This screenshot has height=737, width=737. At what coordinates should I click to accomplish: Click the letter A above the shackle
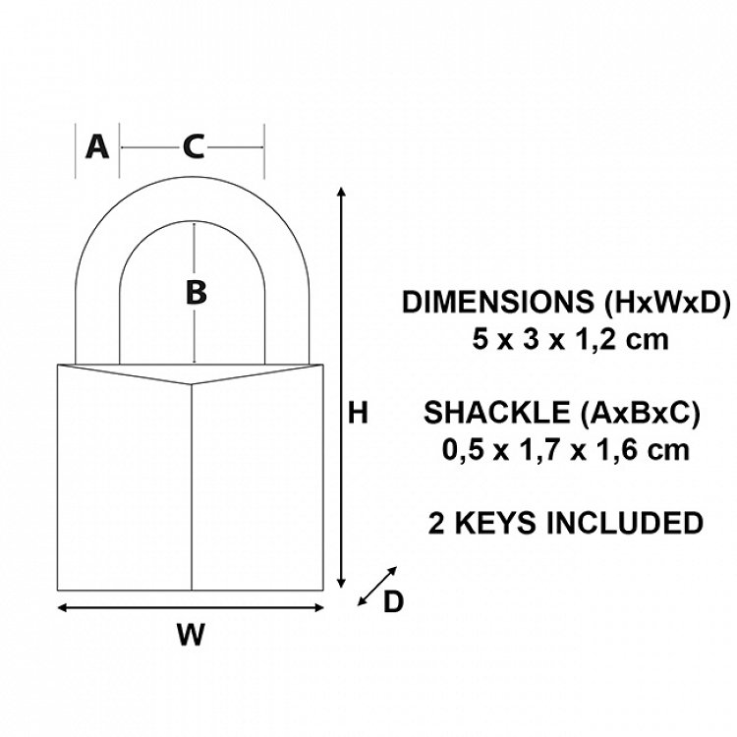97,146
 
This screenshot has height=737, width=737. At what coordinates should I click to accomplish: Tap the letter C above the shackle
194,146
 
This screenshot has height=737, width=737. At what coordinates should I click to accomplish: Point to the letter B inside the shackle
196,292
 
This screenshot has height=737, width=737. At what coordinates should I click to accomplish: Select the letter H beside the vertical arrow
358,413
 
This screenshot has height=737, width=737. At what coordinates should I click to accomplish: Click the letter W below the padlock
192,634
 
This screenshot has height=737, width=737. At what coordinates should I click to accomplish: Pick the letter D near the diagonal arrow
393,601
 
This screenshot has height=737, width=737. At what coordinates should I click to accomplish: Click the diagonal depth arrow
377,586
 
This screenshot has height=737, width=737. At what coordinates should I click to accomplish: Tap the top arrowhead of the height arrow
342,191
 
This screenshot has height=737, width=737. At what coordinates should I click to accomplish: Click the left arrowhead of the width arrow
62,607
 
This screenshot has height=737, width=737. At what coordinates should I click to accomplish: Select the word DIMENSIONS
498,302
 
